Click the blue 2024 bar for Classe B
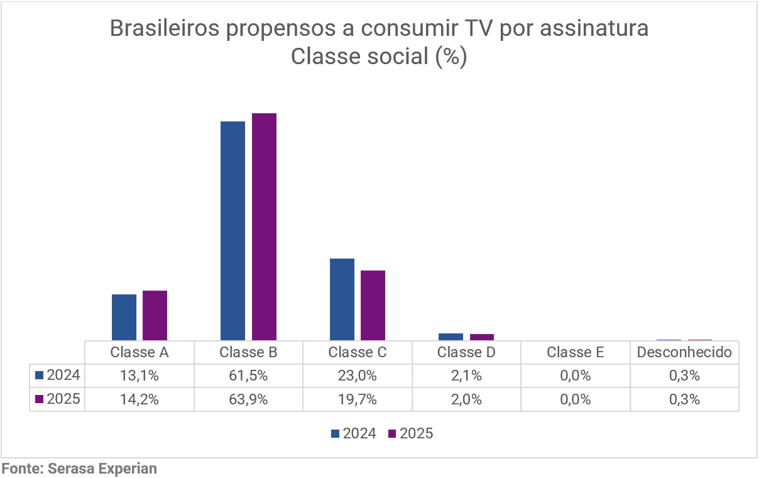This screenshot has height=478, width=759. [232, 230]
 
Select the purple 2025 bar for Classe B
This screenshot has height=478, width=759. [264, 226]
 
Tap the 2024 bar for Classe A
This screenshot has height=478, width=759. [124, 317]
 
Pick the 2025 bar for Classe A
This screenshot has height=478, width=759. [155, 315]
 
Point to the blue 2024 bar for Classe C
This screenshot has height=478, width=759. [342, 299]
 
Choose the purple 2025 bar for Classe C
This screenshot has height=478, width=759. [373, 305]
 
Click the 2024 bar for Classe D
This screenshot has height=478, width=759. [450, 336]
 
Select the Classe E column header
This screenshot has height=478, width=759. [575, 352]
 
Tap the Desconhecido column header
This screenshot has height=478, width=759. [684, 352]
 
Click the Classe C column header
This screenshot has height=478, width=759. [357, 352]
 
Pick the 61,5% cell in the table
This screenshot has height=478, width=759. [248, 376]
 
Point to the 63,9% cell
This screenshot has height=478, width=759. [248, 399]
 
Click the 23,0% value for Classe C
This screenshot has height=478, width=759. [357, 376]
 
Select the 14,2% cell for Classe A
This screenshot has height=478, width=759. [139, 399]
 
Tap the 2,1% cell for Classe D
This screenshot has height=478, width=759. [466, 376]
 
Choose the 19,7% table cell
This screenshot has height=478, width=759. [357, 399]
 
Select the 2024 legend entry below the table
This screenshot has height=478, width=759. [353, 433]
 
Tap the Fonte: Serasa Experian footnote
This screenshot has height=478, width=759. [79, 469]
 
